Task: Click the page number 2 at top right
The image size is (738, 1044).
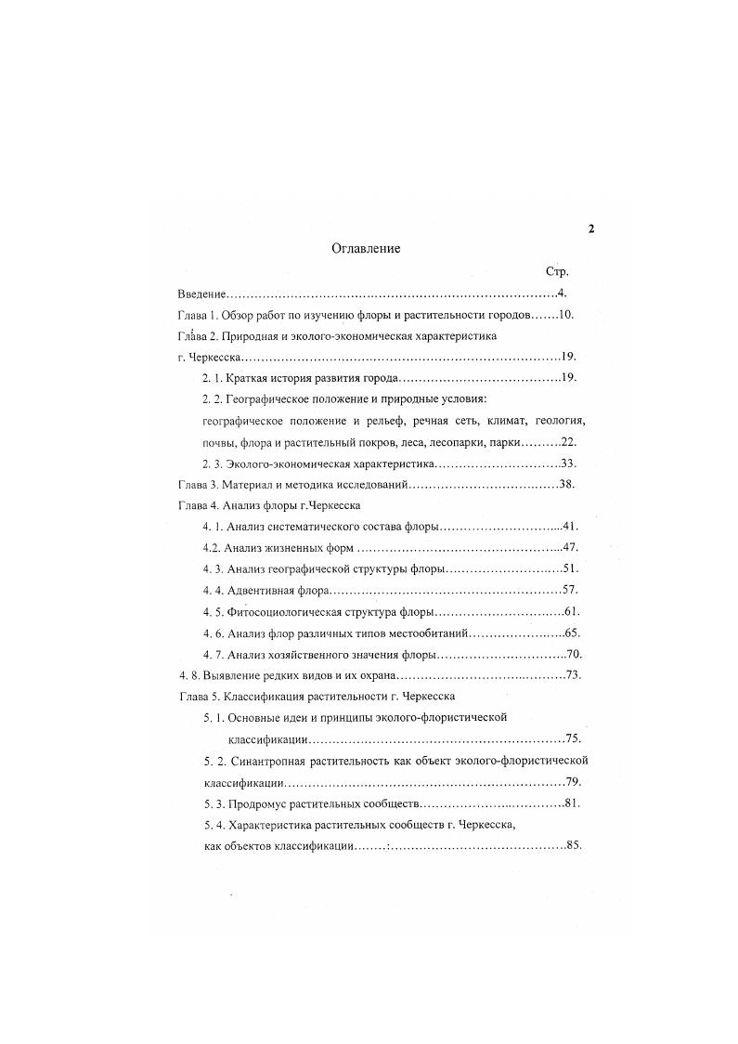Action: point(590,229)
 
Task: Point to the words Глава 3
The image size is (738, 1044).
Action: point(197,484)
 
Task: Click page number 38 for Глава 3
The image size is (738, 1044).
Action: point(567,484)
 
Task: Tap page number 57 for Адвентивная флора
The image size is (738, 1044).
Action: point(570,590)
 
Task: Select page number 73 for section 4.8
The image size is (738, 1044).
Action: point(572,674)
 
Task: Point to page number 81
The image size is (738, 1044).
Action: point(571,802)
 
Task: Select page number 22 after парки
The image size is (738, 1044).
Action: point(569,442)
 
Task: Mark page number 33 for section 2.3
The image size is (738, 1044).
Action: point(569,463)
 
